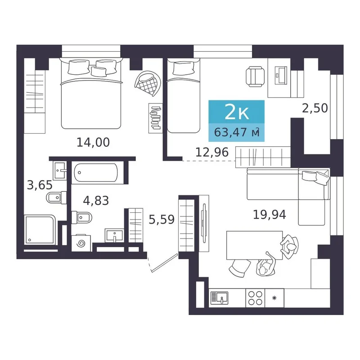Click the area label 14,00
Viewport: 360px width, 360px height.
[93, 142]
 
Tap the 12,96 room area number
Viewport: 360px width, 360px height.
[212, 152]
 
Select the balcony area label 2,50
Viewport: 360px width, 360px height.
[315, 108]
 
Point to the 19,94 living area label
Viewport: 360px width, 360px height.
[270, 215]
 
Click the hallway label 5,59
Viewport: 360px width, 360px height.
[162, 219]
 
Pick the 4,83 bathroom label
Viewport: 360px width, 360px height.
[96, 200]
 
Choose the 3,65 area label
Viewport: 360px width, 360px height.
[40, 185]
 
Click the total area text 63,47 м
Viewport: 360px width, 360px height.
[237, 132]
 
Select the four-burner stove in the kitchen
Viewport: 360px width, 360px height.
[255, 298]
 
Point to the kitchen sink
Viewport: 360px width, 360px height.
[219, 298]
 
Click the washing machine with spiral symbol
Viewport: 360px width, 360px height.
[81, 243]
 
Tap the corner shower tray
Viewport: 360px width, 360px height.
[40, 230]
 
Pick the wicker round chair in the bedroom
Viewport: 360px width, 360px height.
[148, 83]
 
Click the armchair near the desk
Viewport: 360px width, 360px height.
[255, 76]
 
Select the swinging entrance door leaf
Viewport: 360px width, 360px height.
[165, 263]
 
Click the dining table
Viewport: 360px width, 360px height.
[254, 245]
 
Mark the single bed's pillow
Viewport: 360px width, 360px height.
[184, 68]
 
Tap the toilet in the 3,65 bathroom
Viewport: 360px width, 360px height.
[57, 198]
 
